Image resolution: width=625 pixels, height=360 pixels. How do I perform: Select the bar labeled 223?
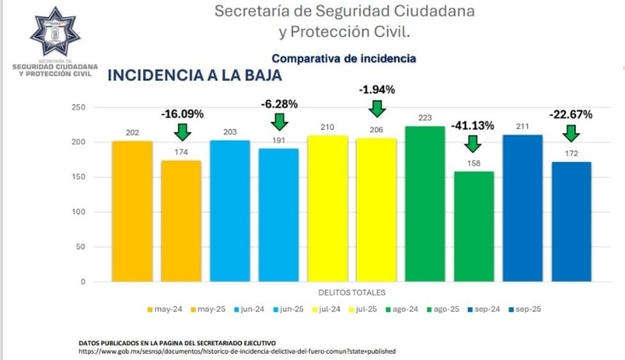[424, 203]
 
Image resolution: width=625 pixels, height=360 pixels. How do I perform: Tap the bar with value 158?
[473, 226]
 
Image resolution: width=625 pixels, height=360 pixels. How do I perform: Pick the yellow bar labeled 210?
[327, 208]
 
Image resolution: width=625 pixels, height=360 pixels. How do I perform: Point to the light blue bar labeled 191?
[278, 214]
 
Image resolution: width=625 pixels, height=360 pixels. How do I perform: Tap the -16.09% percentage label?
[182, 113]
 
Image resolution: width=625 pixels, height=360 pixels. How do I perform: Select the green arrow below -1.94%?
[377, 108]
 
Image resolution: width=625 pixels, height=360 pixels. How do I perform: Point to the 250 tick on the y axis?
[77, 107]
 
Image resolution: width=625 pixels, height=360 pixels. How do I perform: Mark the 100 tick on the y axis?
[77, 212]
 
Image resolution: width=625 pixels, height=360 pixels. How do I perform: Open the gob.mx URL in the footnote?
[237, 352]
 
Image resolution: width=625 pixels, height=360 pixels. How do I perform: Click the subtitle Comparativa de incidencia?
[343, 59]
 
